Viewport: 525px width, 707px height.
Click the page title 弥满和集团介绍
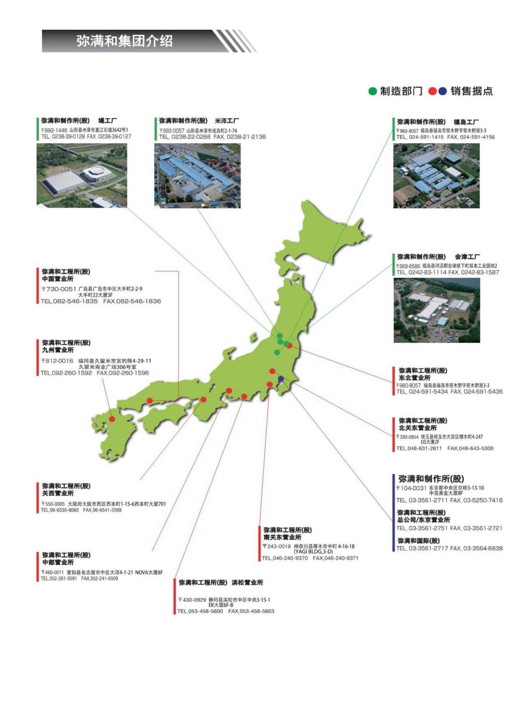pos(124,41)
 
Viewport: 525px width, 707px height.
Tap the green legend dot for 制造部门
pos(372,91)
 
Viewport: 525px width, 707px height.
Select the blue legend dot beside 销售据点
pos(442,91)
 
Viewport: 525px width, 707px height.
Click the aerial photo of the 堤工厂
pos(82,175)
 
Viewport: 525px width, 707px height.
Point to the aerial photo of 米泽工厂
pos(197,176)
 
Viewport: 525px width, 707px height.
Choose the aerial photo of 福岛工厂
pos(436,176)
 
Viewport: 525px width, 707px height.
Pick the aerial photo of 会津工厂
pos(437,310)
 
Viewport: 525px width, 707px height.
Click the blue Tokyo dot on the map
pos(281,378)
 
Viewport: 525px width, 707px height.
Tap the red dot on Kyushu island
pos(112,419)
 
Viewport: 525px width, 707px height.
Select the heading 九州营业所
pos(58,350)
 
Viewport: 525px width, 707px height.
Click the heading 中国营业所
pos(58,279)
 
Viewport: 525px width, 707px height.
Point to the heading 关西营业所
pos(58,493)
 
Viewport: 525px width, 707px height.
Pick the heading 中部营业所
pos(58,562)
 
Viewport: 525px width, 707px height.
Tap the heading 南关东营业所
pos(282,537)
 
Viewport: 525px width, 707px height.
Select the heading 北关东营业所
pos(417,428)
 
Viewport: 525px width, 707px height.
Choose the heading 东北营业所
pos(414,378)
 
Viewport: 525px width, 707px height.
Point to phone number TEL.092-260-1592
pos(66,373)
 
